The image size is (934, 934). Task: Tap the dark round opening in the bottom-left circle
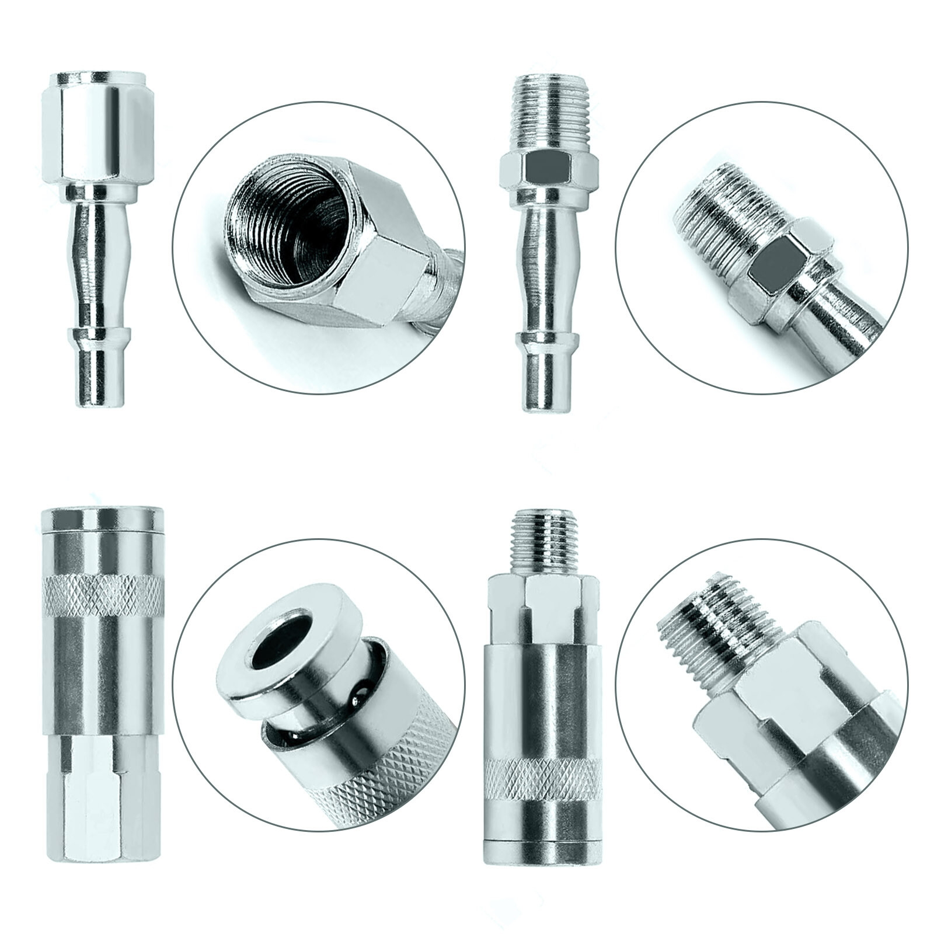(278, 646)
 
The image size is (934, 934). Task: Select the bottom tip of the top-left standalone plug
(94, 379)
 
